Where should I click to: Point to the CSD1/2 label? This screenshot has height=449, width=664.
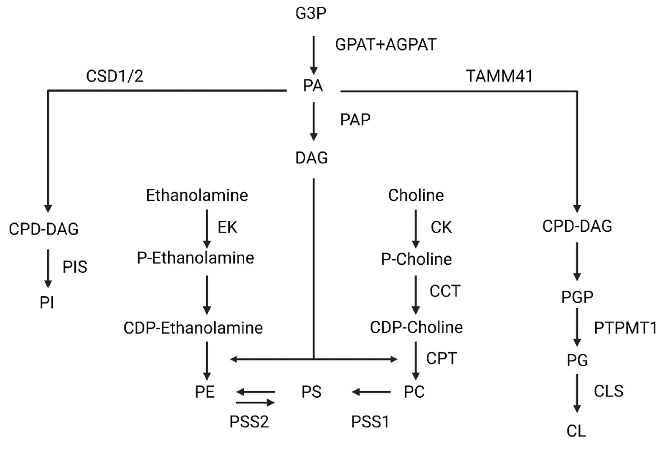pyautogui.click(x=115, y=76)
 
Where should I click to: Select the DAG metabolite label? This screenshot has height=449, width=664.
pyautogui.click(x=311, y=158)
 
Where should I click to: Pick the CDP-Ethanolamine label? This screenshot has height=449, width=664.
pyautogui.click(x=193, y=328)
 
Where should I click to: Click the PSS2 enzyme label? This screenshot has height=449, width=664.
pyautogui.click(x=249, y=422)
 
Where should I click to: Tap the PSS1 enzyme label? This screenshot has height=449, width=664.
pyautogui.click(x=370, y=422)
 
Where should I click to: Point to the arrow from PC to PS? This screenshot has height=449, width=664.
pyautogui.click(x=371, y=392)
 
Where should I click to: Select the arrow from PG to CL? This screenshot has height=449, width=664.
pyautogui.click(x=577, y=393)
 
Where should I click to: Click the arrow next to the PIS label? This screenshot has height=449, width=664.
pyautogui.click(x=48, y=268)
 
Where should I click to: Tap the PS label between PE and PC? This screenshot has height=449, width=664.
pyautogui.click(x=311, y=392)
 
